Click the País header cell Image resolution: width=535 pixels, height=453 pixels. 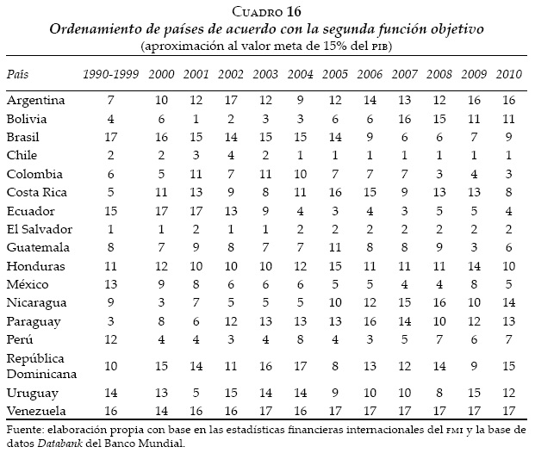click(x=18, y=76)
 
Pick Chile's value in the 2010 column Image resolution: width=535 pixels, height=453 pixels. click(x=507, y=155)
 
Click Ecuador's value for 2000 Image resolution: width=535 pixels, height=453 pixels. click(x=160, y=210)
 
